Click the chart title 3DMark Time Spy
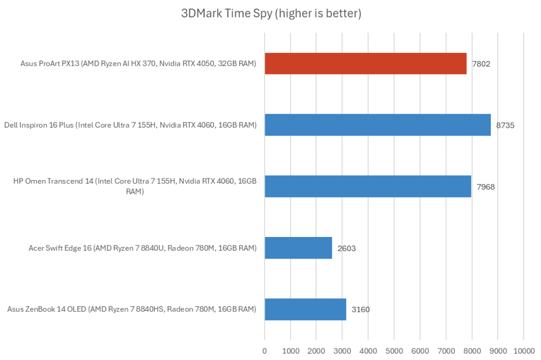click(x=271, y=14)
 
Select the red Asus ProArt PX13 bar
click(x=366, y=63)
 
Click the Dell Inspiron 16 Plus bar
click(x=378, y=125)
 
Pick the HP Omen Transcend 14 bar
click(x=368, y=186)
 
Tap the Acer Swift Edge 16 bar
click(x=299, y=248)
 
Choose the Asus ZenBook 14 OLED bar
click(x=305, y=309)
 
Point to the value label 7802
click(x=482, y=64)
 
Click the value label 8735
click(x=506, y=126)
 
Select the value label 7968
click(x=486, y=187)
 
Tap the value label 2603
click(x=347, y=248)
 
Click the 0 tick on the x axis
click(x=265, y=350)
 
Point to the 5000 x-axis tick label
click(x=394, y=350)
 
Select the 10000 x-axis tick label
click(x=523, y=350)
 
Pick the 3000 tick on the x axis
click(x=342, y=350)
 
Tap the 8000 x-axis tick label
click(x=471, y=350)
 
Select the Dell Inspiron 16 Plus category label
click(x=130, y=125)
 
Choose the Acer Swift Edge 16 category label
click(x=143, y=248)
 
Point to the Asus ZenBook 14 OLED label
click(x=132, y=309)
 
